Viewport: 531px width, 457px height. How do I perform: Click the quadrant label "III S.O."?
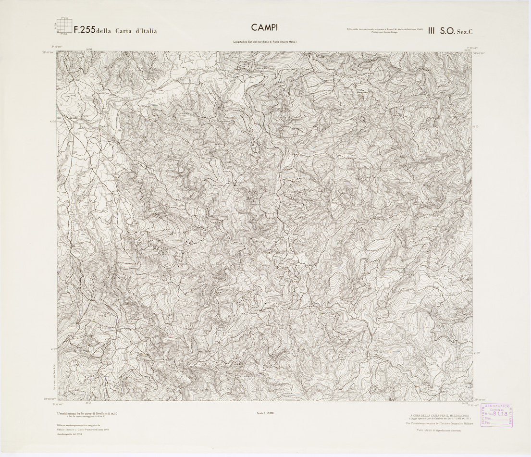coord(444,30)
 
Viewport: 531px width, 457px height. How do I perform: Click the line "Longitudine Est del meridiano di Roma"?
coord(265,42)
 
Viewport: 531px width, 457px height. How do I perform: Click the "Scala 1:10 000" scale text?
coord(265,413)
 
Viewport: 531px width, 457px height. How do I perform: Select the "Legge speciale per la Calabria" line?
coord(440,419)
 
